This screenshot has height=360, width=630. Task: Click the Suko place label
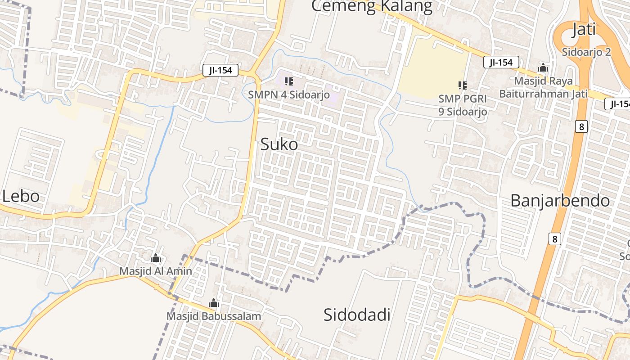279,144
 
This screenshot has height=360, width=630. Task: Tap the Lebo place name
21,197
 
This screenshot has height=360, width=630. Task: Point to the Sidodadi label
357,315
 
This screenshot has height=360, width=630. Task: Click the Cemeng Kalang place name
371,6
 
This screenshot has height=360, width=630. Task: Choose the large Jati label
584,30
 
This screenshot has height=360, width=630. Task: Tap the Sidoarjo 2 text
586,52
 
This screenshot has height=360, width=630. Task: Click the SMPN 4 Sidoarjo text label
289,95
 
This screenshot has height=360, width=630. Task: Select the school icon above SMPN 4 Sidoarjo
289,81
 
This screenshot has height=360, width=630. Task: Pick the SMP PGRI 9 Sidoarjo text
463,105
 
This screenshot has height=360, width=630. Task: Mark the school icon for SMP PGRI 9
462,85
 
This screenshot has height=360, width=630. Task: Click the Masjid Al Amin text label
156,271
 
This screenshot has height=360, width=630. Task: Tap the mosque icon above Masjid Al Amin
156,258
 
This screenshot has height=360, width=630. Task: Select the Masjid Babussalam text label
214,316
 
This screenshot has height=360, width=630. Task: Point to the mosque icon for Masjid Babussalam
214,303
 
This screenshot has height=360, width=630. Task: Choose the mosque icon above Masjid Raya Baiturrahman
543,68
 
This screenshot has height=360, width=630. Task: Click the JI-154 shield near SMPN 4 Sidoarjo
220,70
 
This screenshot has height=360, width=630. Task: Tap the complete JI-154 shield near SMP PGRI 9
501,62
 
